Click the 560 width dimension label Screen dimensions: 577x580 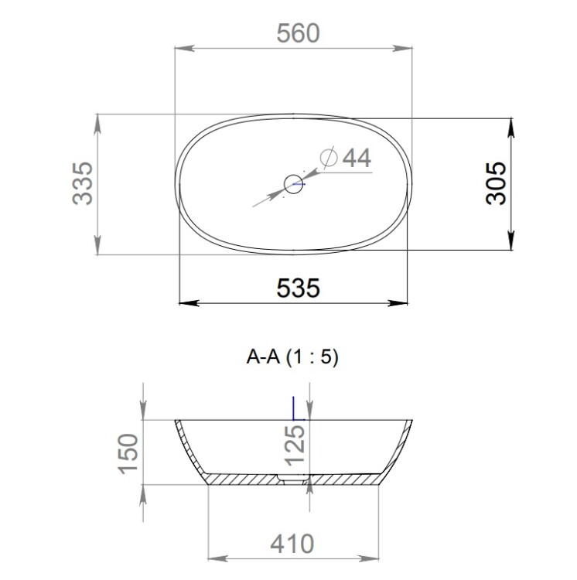point(298,33)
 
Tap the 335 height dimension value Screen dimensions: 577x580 point(83,183)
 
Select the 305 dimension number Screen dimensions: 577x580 point(496,183)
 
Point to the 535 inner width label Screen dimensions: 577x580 point(298,288)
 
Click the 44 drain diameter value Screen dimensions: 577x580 point(357,159)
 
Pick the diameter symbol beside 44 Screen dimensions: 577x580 point(329,158)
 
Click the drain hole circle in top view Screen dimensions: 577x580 point(294,184)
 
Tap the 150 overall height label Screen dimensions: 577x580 point(128,453)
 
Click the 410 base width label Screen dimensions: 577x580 point(292,544)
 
